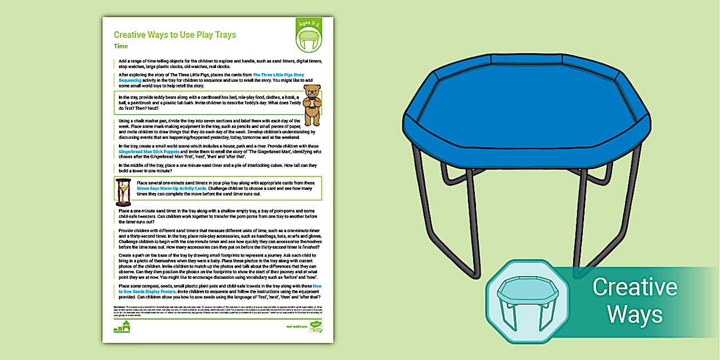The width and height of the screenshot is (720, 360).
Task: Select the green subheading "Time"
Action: coord(121,46)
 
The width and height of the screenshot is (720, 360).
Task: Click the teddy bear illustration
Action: coord(312,105)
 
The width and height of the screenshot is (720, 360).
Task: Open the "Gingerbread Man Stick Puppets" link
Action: coord(146,150)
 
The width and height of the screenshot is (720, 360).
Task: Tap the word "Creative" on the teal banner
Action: coord(634,287)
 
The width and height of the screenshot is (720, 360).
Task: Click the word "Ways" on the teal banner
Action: coord(634,314)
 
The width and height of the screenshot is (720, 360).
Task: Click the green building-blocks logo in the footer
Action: coord(122,327)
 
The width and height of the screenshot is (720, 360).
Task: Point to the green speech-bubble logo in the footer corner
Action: coord(315,326)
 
